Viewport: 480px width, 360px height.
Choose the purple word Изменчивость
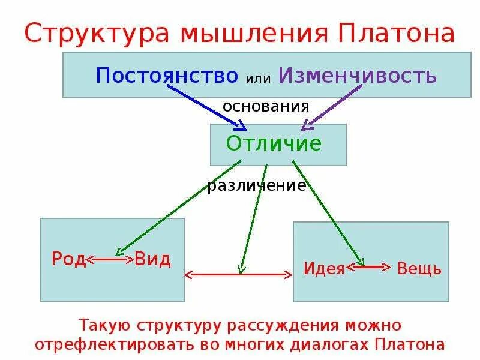(x=356, y=76)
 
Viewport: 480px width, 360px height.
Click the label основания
(x=266, y=107)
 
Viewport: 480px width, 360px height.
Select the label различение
(x=257, y=186)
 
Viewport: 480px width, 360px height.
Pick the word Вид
(x=152, y=260)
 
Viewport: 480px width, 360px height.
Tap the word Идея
(x=324, y=268)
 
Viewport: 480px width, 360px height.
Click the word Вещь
(x=419, y=268)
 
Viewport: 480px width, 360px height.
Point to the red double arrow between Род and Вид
(x=110, y=260)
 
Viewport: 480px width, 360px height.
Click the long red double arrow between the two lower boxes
(x=238, y=275)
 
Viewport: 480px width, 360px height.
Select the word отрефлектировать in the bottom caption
(x=119, y=344)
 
